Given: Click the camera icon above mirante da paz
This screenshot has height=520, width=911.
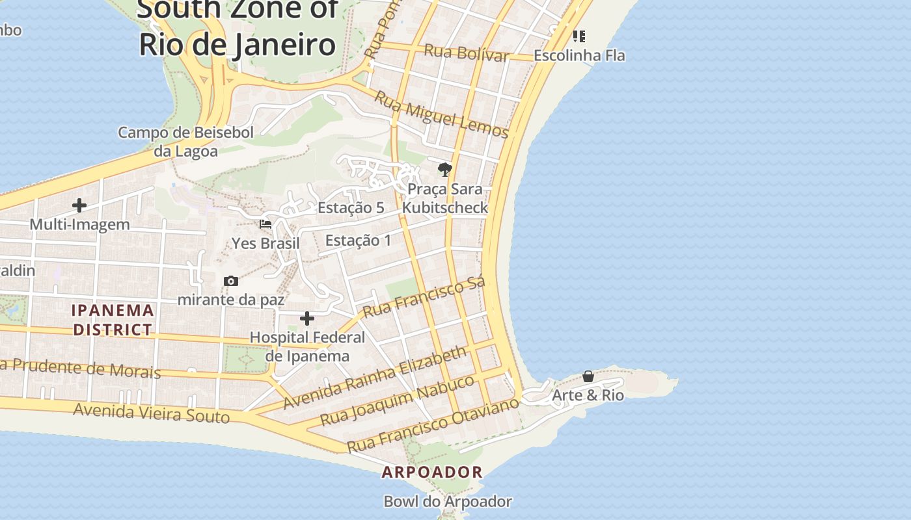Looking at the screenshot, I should coord(230,281).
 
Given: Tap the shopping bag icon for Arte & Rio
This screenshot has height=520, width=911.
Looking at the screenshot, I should coord(588,376).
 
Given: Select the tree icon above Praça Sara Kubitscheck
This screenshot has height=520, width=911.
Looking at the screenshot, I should coord(444,170).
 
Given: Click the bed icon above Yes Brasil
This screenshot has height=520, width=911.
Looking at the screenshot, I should coord(265,224).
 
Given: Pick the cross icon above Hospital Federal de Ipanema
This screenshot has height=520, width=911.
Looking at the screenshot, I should coord(307,318).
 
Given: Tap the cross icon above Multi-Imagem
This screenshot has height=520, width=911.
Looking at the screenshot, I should coord(79,206).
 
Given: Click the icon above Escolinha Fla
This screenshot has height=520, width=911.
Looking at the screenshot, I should coord(578,36).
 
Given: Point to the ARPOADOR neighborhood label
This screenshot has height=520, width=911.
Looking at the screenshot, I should coord(432,473).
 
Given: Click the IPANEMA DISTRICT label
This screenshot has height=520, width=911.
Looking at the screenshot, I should coord(113,320).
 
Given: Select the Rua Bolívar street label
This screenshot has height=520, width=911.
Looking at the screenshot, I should coord(466,53).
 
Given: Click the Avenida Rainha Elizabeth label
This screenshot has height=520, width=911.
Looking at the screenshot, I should coord(375,377).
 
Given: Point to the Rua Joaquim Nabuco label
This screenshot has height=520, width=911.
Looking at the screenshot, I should coord(398,400).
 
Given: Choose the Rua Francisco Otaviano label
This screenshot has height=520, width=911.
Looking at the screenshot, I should coord(433,425).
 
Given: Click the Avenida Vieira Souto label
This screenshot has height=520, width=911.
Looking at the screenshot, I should coord(151,413).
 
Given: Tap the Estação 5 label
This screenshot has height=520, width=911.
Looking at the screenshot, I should coord(351,208).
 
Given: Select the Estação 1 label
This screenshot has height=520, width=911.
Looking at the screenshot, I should coord(359,240).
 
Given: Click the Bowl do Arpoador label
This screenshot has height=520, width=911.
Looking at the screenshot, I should coord(448,502).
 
